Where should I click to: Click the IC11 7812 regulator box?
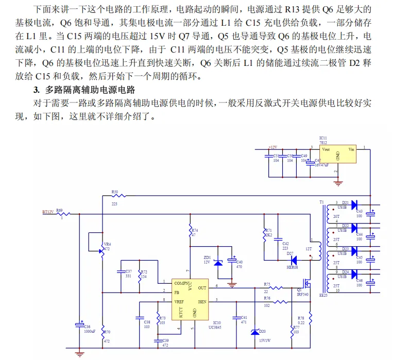(337, 155)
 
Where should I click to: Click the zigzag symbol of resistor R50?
(114, 196)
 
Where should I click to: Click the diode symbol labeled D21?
(354, 205)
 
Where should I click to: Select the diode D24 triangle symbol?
(354, 274)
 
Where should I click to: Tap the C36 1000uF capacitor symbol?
(79, 324)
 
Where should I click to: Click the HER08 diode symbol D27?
(294, 261)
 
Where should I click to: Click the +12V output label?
(274, 148)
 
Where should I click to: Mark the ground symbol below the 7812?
(337, 181)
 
